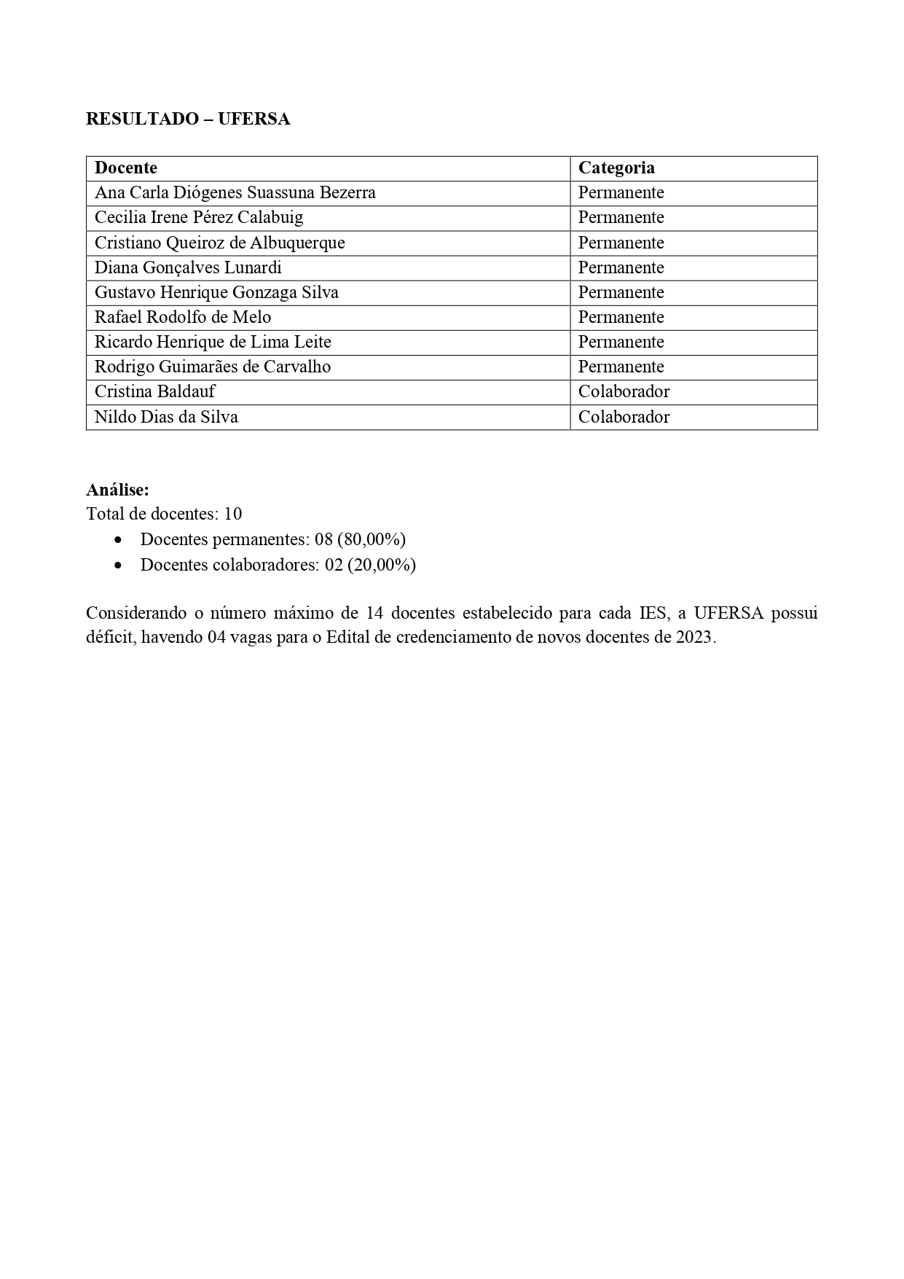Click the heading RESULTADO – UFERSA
point(188,120)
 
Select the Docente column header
point(126,168)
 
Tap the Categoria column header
point(616,168)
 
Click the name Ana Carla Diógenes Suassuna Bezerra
point(235,192)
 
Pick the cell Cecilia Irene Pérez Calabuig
point(199,217)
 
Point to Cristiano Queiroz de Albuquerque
point(220,243)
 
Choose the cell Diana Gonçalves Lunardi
point(188,267)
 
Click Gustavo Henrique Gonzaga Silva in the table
point(216,292)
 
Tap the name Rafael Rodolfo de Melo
point(183,317)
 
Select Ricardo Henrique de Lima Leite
point(213,342)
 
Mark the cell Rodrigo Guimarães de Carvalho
point(213,367)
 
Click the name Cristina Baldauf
point(155,391)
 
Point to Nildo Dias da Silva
point(166,417)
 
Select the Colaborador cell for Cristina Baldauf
point(624,391)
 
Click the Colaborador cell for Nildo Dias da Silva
point(624,417)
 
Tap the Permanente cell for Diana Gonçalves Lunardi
point(621,267)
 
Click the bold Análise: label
point(117,490)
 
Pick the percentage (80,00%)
point(372,539)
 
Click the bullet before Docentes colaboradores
point(118,566)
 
